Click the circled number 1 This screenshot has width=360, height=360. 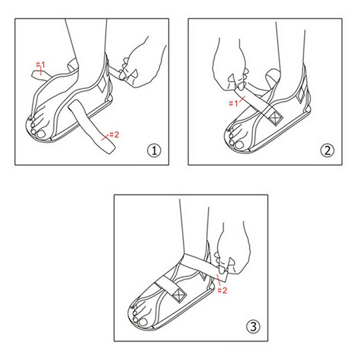[x=154, y=151]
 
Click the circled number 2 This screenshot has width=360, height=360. [x=327, y=151]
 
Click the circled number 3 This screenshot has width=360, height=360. [x=253, y=326]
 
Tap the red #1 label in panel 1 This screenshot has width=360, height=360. [x=40, y=65]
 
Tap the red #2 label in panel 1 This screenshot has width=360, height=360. [x=114, y=135]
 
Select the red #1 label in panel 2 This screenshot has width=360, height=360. [x=234, y=104]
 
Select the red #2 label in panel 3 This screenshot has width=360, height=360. [x=222, y=290]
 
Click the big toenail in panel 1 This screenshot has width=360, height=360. [x=42, y=134]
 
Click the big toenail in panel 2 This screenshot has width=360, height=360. [x=239, y=144]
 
